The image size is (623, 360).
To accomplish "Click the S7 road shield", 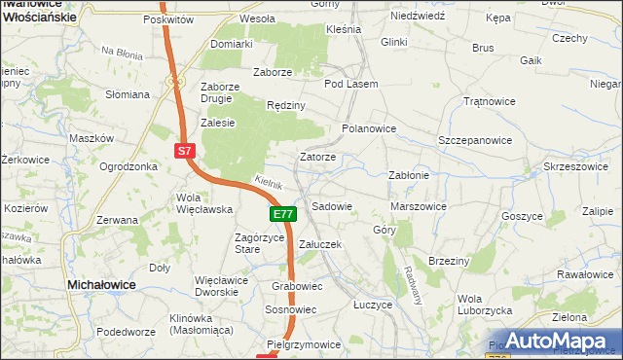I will coord(186,151).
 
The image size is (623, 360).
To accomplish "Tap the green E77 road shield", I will coord(281,214).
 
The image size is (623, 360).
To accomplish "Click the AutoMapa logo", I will coord(551,342).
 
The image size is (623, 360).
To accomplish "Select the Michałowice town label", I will coord(100,283).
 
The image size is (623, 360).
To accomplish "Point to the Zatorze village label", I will coord(317,157).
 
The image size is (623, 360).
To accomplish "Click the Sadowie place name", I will coord(331,207).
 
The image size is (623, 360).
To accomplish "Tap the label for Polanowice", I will coord(369,127).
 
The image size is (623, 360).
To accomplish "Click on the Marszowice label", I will coord(418,206).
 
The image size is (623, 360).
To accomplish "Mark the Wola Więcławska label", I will coord(202,202).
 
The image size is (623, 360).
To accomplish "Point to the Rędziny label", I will coord(286,105).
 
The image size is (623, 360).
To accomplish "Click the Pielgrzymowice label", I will coord(304,344).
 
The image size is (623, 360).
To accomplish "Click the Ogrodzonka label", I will coord(128,166).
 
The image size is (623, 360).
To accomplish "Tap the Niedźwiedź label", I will coord(417,17).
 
